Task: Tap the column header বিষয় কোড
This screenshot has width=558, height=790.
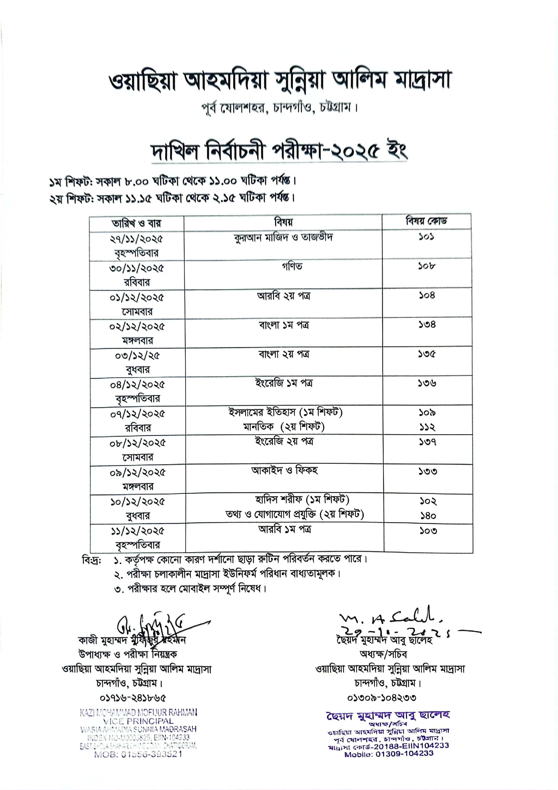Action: pos(426,221)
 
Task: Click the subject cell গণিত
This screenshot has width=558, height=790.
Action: pos(292,266)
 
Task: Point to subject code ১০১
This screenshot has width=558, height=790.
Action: pos(426,237)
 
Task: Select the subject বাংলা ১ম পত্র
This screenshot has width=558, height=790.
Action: pos(283,325)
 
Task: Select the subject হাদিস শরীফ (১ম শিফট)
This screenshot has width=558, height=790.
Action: pos(302,500)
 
